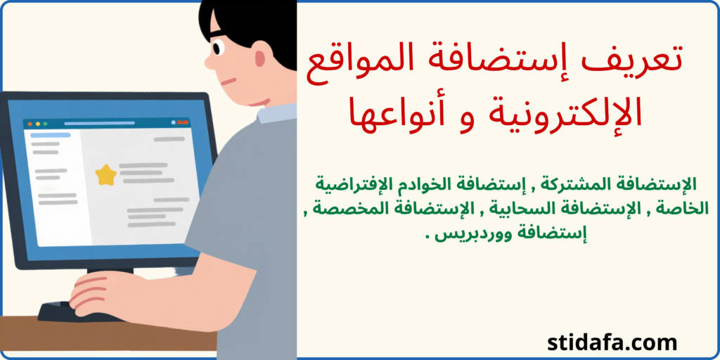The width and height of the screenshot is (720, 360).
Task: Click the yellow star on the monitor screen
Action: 105,174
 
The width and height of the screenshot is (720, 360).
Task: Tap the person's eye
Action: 217,48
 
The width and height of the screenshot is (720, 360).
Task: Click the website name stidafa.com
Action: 612,343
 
